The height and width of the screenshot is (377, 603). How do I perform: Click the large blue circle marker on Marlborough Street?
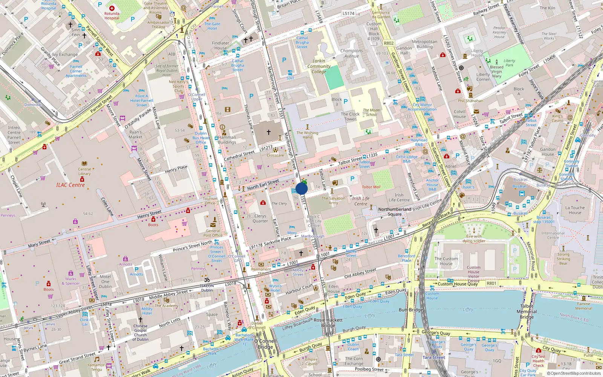click(301, 188)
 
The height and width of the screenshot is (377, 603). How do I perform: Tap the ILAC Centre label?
click(70, 185)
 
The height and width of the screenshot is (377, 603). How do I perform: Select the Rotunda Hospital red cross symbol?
click(112, 8)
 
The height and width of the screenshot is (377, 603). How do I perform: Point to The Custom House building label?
click(446, 261)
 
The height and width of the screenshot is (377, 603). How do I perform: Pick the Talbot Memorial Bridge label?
click(526, 311)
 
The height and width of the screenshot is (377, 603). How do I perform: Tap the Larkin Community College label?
click(319, 66)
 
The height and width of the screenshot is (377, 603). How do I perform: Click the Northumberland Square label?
click(395, 211)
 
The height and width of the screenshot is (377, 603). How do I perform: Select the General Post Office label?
click(213, 233)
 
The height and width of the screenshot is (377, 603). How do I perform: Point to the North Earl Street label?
click(263, 185)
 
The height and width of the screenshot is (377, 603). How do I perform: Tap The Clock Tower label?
click(350, 116)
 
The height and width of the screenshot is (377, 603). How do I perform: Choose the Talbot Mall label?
click(371, 187)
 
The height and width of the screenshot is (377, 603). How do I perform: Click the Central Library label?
click(84, 172)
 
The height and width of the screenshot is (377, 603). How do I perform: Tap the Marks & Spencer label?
click(71, 281)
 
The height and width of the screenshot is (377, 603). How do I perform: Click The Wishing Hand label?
click(307, 135)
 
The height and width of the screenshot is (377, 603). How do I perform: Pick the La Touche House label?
click(575, 210)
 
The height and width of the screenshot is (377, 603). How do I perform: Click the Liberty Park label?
click(509, 63)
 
